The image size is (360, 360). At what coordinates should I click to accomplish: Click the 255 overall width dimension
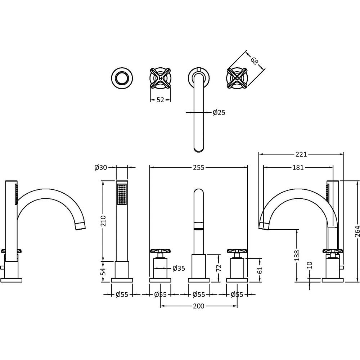point(199,167)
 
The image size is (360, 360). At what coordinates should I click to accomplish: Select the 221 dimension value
point(301,154)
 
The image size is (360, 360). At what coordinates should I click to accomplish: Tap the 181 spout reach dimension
point(298,167)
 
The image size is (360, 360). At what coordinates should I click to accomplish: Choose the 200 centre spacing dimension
point(198,306)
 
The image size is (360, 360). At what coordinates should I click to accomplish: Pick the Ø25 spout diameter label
point(219,113)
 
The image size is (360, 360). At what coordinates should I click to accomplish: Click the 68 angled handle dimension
point(254,60)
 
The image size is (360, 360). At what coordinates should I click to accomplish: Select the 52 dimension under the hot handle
point(160,100)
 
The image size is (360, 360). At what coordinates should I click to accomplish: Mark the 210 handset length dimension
point(104,221)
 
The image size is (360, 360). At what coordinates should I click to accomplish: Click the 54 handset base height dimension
point(104,271)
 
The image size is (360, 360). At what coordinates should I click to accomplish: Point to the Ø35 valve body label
point(179,268)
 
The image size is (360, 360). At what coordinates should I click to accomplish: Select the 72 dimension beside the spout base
point(219,268)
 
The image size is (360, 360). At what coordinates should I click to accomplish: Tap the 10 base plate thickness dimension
point(310,265)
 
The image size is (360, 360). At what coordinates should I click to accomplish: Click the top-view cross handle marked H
point(160,77)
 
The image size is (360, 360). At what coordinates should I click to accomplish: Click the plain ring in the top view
point(122,77)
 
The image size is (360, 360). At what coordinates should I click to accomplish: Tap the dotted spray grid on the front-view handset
point(122,195)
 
